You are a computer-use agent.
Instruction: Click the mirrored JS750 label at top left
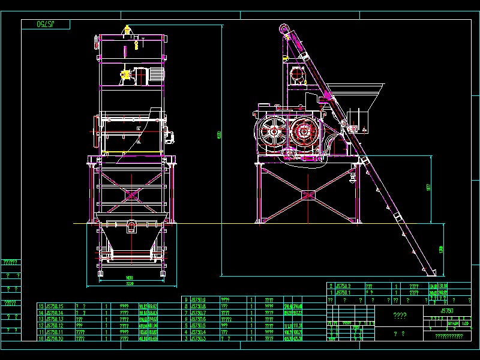pyautogui.click(x=46, y=24)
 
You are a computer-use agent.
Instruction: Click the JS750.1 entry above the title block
pyautogui.click(x=345, y=292)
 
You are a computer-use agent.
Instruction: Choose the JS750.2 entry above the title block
pyautogui.click(x=345, y=286)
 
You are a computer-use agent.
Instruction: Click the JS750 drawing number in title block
pyautogui.click(x=447, y=311)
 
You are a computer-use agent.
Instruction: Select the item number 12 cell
pyautogui.click(x=41, y=325)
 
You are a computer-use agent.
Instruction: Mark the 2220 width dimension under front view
pyautogui.click(x=130, y=283)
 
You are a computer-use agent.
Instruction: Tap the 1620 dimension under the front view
pyautogui.click(x=130, y=277)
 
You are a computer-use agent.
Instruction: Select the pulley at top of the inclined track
pyautogui.click(x=284, y=28)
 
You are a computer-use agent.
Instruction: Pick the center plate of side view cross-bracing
pyautogui.click(x=308, y=195)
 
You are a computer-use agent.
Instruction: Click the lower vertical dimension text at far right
pyautogui.click(x=442, y=248)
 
